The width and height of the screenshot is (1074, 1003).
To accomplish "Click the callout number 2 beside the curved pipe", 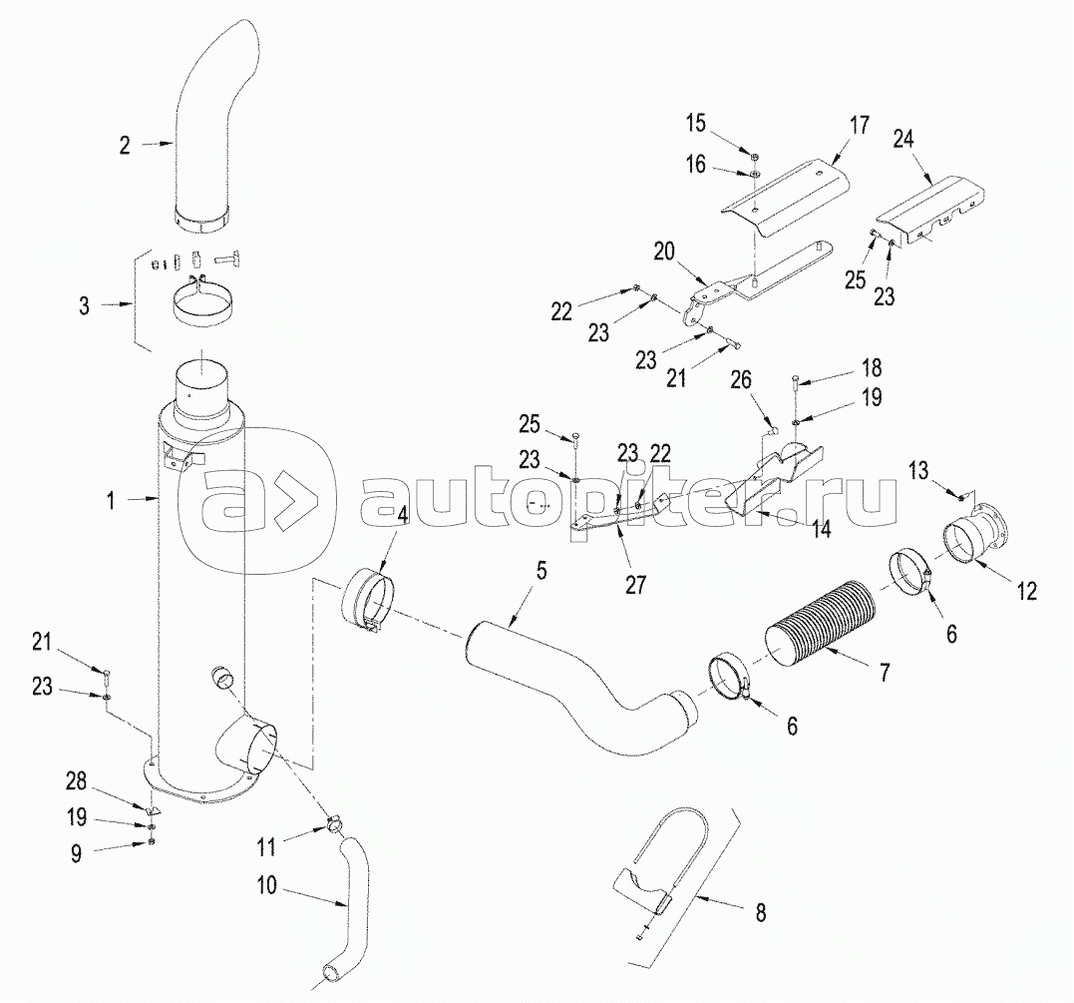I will pos(125,145).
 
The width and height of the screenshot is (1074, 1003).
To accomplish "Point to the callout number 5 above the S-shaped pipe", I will pos(541,571).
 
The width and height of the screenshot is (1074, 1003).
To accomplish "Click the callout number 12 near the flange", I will pos(1026,592).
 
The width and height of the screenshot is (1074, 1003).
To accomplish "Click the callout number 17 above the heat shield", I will pos(860,127).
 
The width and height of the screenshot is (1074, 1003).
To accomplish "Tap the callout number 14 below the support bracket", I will pos(821,530).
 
